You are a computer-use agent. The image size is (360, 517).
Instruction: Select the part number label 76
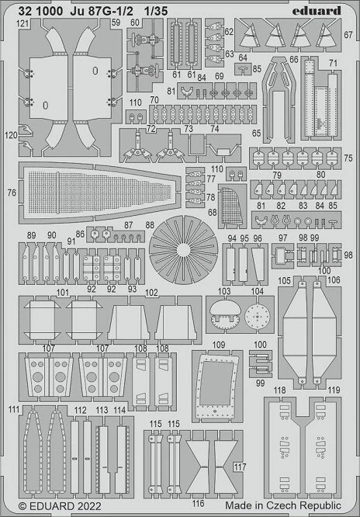pyautogui.click(x=11, y=193)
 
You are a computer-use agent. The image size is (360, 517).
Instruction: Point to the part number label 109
pyautogui.click(x=219, y=344)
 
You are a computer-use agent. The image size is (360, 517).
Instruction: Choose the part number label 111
pyautogui.click(x=12, y=408)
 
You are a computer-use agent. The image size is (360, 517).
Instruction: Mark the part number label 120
pyautogui.click(x=10, y=135)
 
